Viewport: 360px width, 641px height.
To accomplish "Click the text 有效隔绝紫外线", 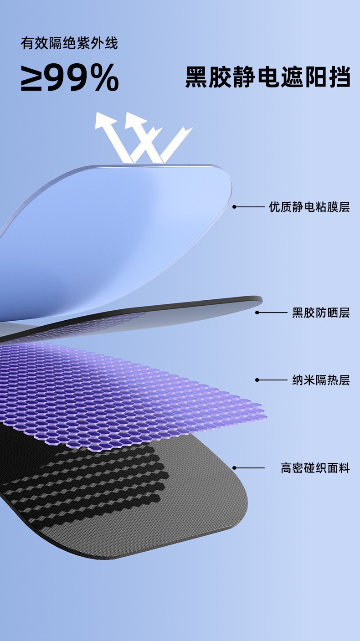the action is pyautogui.click(x=69, y=43).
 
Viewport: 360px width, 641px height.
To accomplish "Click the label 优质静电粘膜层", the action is pyautogui.click(x=309, y=207).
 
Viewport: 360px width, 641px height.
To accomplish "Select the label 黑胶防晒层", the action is pyautogui.click(x=321, y=313).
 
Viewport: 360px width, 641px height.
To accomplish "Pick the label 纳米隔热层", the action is pyautogui.click(x=321, y=380).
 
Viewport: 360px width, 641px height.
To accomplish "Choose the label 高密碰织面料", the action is pyautogui.click(x=315, y=468).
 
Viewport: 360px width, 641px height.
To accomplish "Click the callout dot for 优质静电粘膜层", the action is pyautogui.click(x=234, y=207).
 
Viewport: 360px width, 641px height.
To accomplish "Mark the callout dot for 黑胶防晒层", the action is pyautogui.click(x=257, y=313).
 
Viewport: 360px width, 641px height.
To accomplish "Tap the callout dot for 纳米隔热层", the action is pyautogui.click(x=257, y=379).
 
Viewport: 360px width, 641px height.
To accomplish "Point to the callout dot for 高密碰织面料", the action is pyautogui.click(x=234, y=467).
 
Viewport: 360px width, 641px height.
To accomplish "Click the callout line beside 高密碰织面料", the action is pyautogui.click(x=250, y=467).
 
